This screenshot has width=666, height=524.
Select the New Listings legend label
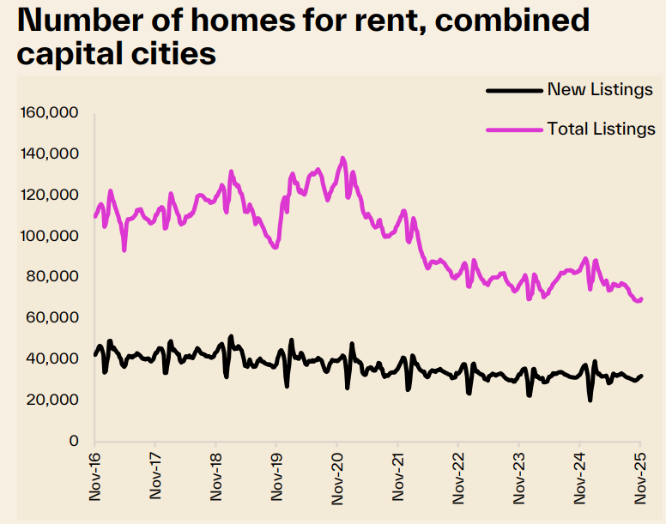[600, 90]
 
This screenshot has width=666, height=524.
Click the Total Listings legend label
[601, 129]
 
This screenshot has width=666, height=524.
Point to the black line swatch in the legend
[514, 90]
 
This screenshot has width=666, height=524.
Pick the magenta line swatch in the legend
[514, 129]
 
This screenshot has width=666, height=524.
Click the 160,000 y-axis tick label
[49, 113]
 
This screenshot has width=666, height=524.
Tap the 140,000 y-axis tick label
[49, 154]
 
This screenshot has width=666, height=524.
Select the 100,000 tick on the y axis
[49, 236]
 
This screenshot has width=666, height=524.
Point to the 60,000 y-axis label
[52, 318]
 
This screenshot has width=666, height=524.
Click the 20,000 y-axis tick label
[52, 400]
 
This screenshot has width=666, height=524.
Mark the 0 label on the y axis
[75, 441]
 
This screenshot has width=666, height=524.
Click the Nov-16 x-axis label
[94, 476]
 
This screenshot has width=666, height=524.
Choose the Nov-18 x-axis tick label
[216, 476]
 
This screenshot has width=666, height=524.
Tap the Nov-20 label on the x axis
[337, 476]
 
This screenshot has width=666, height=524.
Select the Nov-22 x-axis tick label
[458, 476]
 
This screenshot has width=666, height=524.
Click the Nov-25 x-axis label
[640, 476]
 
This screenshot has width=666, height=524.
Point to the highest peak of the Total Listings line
[343, 158]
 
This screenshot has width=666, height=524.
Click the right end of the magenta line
[641, 298]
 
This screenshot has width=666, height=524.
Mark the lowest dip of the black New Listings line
[590, 400]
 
